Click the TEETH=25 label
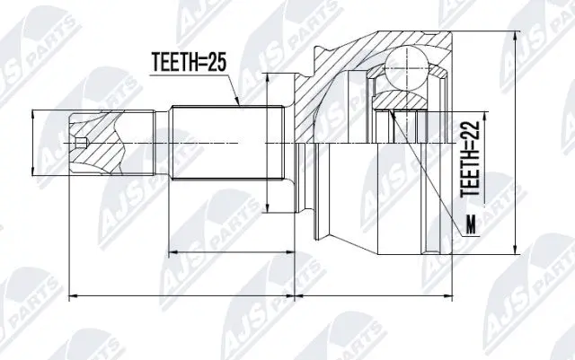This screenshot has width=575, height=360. (x=187, y=63)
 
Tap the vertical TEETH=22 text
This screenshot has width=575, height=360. (x=470, y=160)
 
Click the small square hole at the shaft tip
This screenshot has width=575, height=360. (x=82, y=144)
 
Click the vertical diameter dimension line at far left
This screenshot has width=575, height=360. (x=35, y=144)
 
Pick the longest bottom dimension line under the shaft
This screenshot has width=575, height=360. (x=180, y=294)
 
